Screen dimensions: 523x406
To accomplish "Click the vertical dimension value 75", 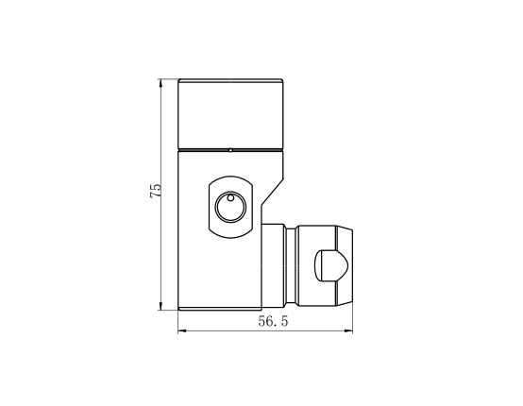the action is point(156,191).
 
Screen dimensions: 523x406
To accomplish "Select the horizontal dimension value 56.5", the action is point(273,321).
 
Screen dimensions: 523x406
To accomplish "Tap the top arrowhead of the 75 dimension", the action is point(160,83).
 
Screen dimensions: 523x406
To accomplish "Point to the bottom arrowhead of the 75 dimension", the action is point(160,306).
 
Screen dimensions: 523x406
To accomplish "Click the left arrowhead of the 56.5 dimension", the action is point(182,331).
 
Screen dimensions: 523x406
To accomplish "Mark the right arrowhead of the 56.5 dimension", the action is point(348,331).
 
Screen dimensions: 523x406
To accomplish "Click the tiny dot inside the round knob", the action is point(230,198).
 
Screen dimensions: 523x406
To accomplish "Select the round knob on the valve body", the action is point(230,207).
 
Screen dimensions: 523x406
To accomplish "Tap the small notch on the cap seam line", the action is point(230,150).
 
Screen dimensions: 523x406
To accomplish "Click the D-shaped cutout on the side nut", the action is point(331,266).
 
